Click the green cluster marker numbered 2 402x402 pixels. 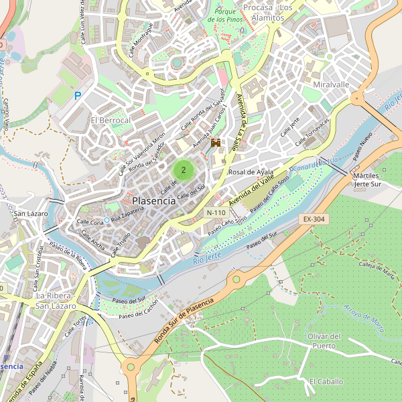(x=183, y=170)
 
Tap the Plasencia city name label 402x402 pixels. (x=154, y=200)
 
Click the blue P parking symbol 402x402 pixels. (x=78, y=96)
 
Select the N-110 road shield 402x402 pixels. (x=216, y=212)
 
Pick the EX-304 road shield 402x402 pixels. (x=313, y=219)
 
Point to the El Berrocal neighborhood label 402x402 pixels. (x=111, y=120)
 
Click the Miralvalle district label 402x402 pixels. (x=331, y=85)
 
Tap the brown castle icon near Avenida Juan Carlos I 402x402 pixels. (x=216, y=143)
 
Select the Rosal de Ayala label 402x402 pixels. (x=252, y=172)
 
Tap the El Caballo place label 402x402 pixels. (x=326, y=381)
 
